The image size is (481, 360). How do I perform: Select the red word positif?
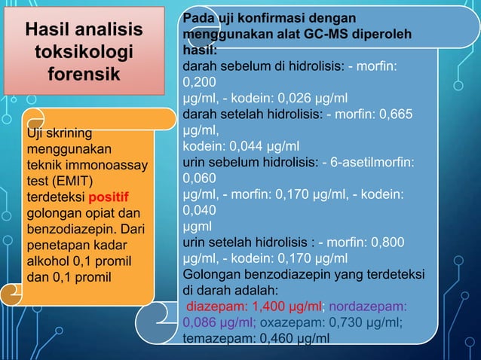[x=109, y=198]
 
